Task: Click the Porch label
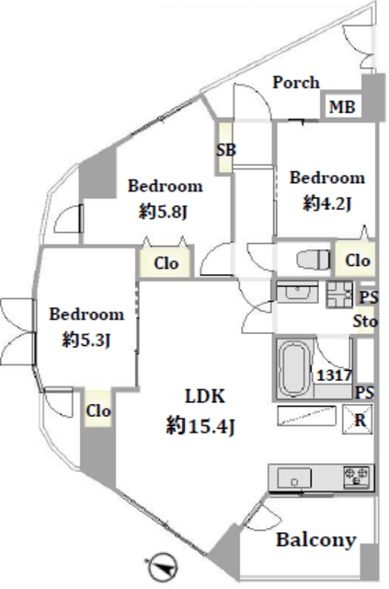[296, 83]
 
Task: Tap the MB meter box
[342, 107]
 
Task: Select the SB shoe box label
[225, 150]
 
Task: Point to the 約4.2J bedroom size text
[326, 204]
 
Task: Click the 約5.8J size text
[163, 213]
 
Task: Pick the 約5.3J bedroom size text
[86, 341]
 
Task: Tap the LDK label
[205, 397]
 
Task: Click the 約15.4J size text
[200, 426]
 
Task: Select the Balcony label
[315, 540]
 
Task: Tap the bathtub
[296, 369]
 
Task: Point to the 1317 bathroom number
[334, 375]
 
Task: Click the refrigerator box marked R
[358, 420]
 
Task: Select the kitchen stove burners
[356, 475]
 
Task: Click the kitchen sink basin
[294, 478]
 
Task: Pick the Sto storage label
[364, 321]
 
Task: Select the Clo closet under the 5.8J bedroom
[166, 262]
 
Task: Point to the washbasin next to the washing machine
[297, 292]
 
